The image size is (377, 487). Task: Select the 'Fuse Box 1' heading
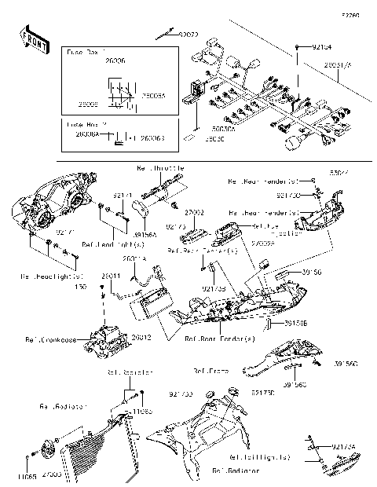click(82, 51)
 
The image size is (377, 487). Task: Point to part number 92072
click(188, 35)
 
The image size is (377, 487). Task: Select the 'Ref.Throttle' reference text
click(160, 168)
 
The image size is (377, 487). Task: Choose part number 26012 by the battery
click(141, 337)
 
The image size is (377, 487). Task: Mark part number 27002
click(194, 212)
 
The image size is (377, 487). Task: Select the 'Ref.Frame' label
click(210, 368)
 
